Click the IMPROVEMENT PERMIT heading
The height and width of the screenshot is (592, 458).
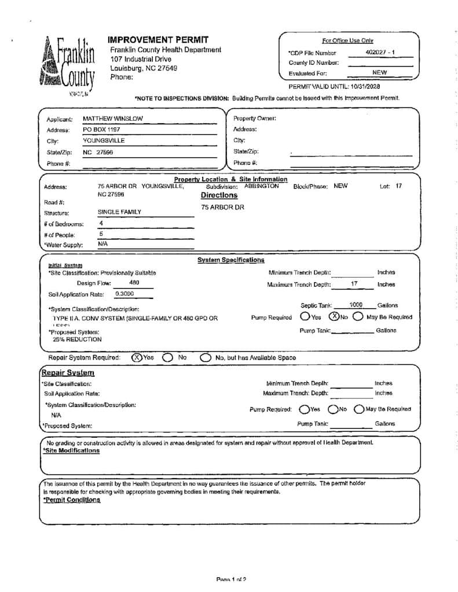pos(157,39)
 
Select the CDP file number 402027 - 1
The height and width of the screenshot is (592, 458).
pos(380,53)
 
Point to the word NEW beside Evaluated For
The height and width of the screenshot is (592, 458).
pos(380,73)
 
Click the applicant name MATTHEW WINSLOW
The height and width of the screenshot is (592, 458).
pos(112,119)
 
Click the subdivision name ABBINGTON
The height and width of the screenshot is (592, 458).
pos(261,186)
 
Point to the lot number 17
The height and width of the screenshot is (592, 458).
pos(398,186)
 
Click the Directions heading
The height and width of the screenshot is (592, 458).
pos(219,195)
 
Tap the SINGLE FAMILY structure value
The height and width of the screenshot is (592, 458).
pos(119,212)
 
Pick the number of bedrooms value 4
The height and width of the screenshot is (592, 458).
pos(101,223)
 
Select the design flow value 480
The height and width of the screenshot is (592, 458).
pos(133,283)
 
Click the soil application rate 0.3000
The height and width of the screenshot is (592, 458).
pos(124,294)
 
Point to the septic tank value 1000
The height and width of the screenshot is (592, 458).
pos(356,305)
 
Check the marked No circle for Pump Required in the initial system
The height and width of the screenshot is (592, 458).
pos(334,316)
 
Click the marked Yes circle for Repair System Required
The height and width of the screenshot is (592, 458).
pos(137,357)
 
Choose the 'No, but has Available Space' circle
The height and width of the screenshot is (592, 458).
pos(205,358)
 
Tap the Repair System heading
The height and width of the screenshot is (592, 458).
pos(68,373)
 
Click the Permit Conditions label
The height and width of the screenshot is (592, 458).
pos(72,500)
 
